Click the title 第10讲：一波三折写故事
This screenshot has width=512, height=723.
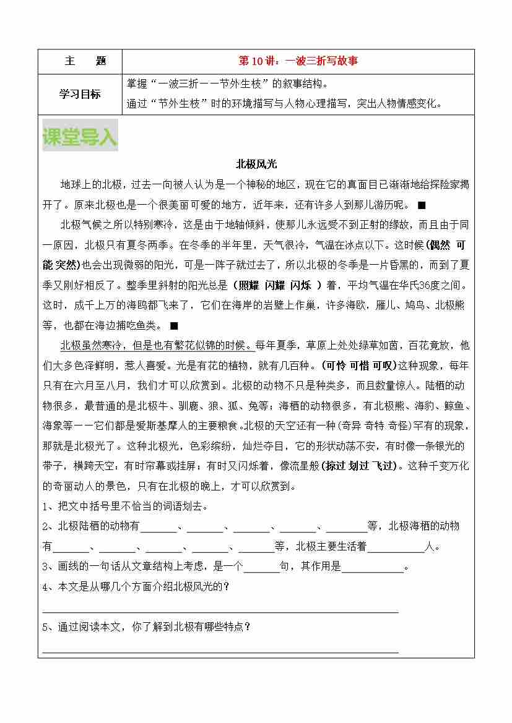298,61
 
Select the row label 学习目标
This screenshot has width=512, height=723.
80,94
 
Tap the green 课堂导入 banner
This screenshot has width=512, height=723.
79,137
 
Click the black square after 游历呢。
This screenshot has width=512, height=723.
422,205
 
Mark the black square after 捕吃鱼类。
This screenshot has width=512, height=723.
174,325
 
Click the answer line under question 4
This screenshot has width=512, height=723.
220,610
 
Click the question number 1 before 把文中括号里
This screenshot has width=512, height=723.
45,507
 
